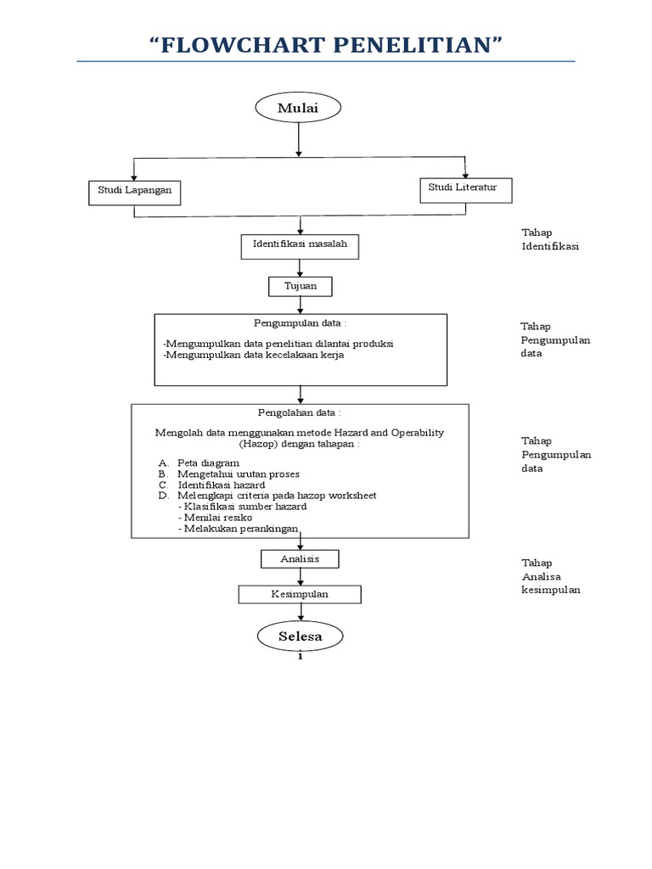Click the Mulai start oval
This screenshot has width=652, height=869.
(x=298, y=107)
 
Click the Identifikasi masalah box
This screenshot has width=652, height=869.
(x=300, y=245)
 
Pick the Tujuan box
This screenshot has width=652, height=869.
(x=300, y=287)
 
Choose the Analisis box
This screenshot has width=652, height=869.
(x=300, y=558)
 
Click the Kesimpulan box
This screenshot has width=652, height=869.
(x=300, y=594)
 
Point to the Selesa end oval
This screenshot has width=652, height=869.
(x=300, y=636)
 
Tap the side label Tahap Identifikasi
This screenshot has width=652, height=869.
(x=549, y=239)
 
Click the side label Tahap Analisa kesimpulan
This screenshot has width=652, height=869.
(x=550, y=576)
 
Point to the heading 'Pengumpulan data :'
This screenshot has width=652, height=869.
(x=300, y=323)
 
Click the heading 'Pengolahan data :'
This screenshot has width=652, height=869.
(x=300, y=412)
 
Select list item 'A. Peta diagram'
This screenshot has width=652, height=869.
(x=199, y=463)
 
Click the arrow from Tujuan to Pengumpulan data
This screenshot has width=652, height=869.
(x=300, y=305)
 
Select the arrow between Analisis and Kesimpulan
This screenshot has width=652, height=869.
(x=300, y=576)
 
